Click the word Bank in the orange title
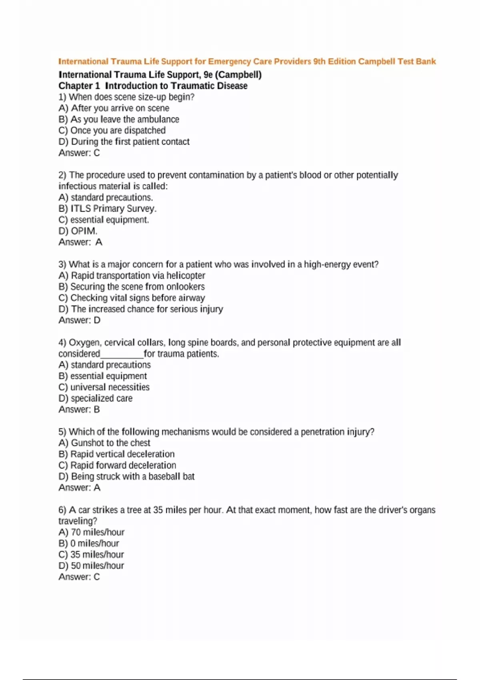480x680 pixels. coord(426,62)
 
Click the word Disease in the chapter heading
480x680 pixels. coord(232,86)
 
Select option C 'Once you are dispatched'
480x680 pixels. coord(112,130)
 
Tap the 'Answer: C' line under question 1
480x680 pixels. coord(79,153)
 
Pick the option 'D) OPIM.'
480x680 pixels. coord(78,231)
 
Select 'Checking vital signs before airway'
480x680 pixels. coord(132,298)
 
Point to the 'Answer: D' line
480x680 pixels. coord(79,320)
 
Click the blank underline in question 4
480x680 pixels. coord(122,354)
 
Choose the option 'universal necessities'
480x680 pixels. coord(104,387)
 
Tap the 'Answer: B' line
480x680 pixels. coord(79,410)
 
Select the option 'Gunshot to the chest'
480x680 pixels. coord(104,443)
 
